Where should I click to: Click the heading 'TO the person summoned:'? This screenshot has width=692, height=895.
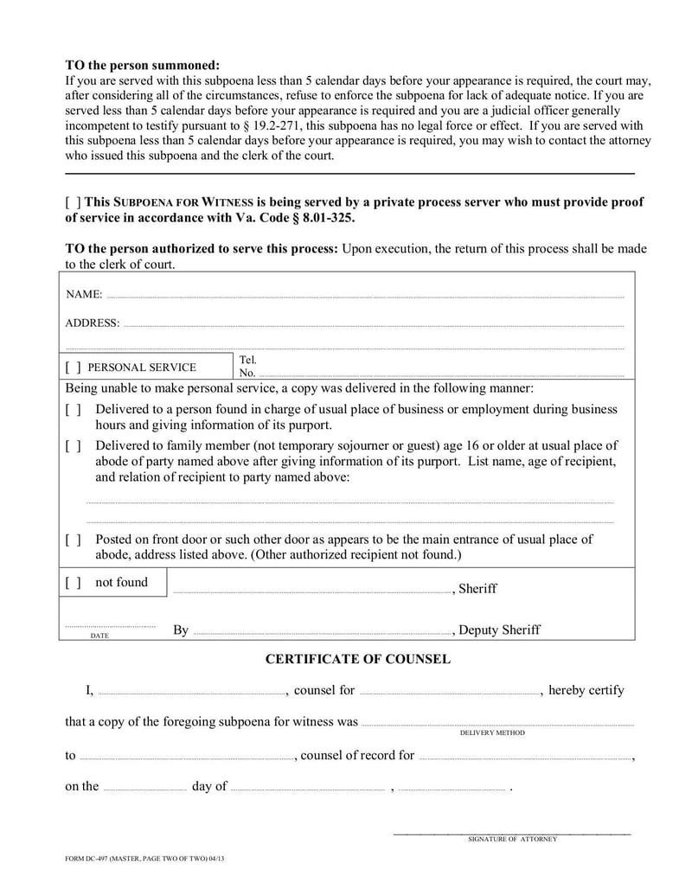pyautogui.click(x=143, y=66)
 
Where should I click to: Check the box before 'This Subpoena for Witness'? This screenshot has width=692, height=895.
pyautogui.click(x=74, y=202)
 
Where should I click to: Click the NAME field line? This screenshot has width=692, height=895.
pyautogui.click(x=363, y=296)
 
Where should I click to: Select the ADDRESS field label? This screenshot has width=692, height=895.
pyautogui.click(x=93, y=323)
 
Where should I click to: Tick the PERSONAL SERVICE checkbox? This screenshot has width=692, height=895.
pyautogui.click(x=74, y=368)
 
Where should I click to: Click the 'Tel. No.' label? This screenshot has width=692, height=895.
pyautogui.click(x=248, y=367)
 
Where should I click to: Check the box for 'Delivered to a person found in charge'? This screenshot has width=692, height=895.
pyautogui.click(x=74, y=409)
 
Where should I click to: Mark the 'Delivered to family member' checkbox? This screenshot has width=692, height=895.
pyautogui.click(x=74, y=446)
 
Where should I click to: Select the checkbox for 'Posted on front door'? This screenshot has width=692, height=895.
pyautogui.click(x=74, y=540)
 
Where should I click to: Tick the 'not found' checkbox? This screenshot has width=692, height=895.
pyautogui.click(x=74, y=583)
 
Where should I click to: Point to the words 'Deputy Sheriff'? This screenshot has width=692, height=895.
pyautogui.click(x=499, y=630)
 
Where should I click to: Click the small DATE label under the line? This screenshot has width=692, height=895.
pyautogui.click(x=99, y=636)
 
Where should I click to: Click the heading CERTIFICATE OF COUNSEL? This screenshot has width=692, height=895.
pyautogui.click(x=357, y=659)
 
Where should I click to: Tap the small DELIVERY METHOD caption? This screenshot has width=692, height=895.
pyautogui.click(x=492, y=732)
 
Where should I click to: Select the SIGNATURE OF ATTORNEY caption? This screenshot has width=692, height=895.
pyautogui.click(x=512, y=839)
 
